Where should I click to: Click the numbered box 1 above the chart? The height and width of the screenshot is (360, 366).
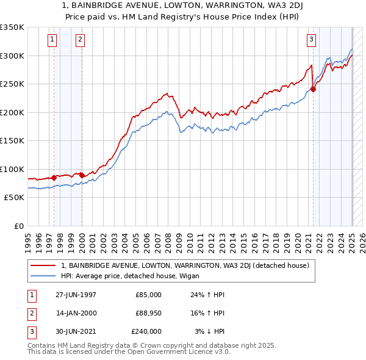(52, 40)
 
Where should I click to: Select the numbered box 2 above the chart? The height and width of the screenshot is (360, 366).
(80, 40)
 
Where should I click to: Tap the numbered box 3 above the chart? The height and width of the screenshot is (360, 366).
(311, 40)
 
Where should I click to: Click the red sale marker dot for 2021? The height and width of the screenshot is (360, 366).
(314, 89)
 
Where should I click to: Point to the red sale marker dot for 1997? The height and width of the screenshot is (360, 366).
(54, 178)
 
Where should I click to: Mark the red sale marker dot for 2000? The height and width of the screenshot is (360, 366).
(82, 175)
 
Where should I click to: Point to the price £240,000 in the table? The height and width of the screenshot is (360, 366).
(146, 331)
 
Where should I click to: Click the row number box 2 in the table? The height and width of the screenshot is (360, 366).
(30, 313)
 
